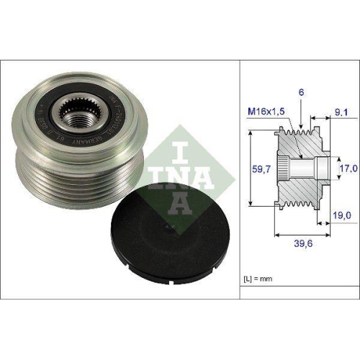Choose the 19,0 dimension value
click(x=341, y=215)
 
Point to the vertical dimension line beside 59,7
click(x=248, y=168)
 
